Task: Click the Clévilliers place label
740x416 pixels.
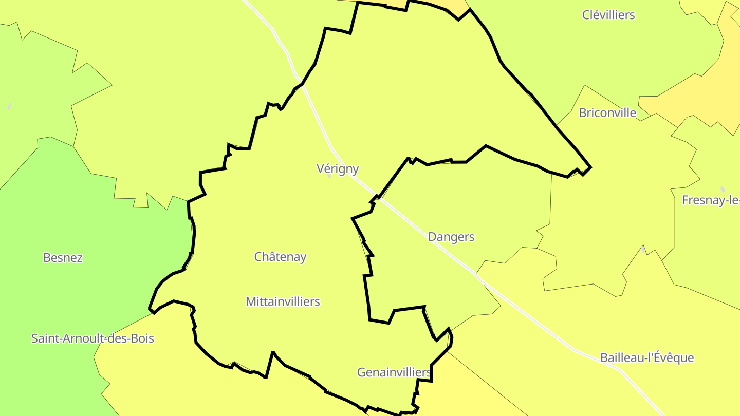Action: coord(608,15)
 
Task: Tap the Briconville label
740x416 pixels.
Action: coord(607,112)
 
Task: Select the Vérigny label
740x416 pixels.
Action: coord(337,168)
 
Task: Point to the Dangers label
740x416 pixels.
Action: coord(451,237)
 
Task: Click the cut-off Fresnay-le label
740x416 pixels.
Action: coord(711,200)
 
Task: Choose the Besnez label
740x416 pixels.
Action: coord(63,257)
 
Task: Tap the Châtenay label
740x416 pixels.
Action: coord(280,256)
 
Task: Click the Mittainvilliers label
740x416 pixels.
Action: coord(283,301)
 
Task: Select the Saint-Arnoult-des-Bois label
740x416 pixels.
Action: coord(92,338)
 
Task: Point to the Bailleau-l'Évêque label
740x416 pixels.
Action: coord(647,357)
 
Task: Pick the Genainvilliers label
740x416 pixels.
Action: coord(394,372)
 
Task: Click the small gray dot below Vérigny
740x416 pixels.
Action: coord(329,176)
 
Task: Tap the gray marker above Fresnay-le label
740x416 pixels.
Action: coord(723,190)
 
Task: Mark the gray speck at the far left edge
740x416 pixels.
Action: coord(9,106)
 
